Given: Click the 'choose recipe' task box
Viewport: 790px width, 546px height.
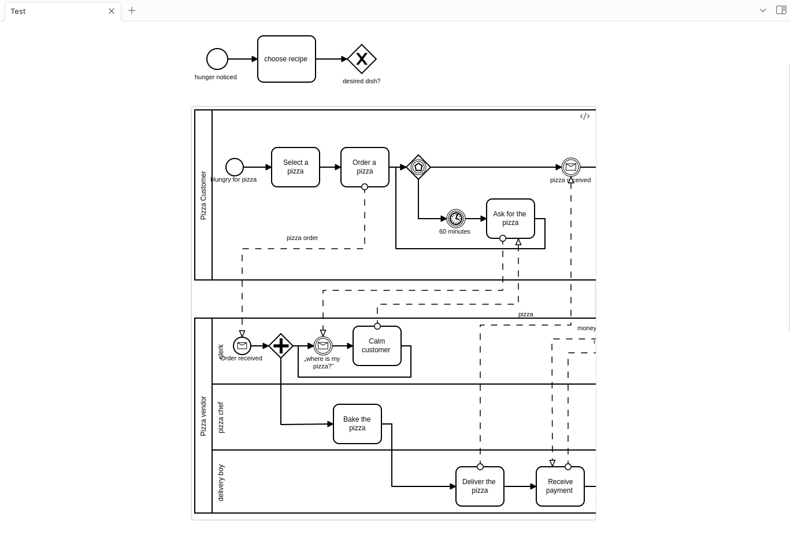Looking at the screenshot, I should pos(286,59).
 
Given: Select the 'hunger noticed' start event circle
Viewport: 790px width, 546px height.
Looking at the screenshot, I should pos(217,59).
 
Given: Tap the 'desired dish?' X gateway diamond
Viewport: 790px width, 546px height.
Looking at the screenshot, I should pos(362,59).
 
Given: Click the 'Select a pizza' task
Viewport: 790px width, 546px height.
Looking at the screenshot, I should pos(295,167).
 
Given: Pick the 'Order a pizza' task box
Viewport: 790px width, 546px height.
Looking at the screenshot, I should pos(365,167).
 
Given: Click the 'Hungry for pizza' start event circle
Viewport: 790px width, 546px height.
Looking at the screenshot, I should pos(234,167).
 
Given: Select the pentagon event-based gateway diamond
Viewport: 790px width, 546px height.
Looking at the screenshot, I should pos(418,167).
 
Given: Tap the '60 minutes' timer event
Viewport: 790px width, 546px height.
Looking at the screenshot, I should pos(456,219).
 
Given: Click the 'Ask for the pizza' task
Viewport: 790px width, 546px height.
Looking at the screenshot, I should pos(510,219).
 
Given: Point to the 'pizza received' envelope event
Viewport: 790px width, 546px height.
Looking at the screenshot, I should pos(571,167).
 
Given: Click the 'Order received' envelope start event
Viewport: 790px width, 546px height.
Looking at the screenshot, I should pos(242,346).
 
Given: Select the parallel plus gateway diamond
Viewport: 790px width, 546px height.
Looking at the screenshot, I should pos(281,346).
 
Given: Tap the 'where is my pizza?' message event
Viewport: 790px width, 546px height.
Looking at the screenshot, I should pos(323,346).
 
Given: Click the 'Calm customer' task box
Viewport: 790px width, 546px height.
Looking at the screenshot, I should pos(377,346).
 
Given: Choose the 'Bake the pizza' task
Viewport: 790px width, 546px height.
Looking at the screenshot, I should pos(357,424).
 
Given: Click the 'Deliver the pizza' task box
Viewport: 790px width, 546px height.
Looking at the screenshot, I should pos(480,486).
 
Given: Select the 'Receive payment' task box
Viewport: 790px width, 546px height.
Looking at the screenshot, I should pos(560,486).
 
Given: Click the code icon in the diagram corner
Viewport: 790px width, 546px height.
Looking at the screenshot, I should pos(585,116).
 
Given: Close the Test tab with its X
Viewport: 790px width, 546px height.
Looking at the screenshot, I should pos(112,11).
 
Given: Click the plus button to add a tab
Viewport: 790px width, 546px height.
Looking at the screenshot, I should pos(132,10).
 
